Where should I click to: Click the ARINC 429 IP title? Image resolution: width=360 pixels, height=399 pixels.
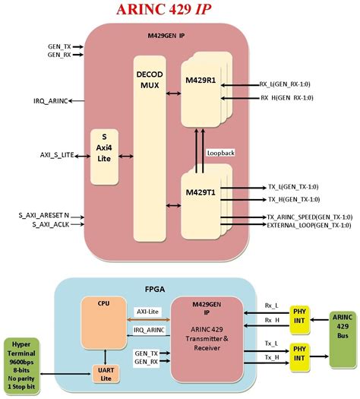179,10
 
